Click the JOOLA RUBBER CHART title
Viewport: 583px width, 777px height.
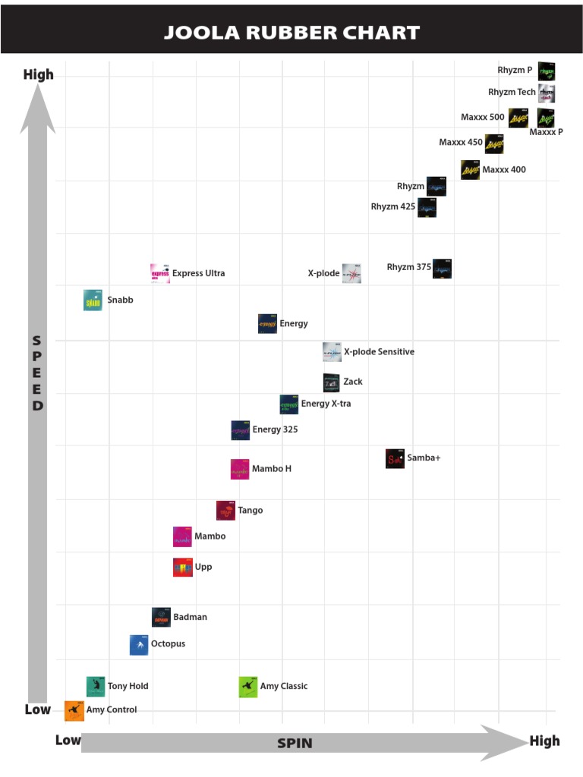291,33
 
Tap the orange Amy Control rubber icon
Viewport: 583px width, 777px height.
74,710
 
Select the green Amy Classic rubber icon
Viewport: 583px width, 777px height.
248,687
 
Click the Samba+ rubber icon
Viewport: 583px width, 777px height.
395,458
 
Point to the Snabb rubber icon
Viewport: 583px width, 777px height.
93,300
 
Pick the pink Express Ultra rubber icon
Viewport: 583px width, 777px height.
159,273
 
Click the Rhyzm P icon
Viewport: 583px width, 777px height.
547,71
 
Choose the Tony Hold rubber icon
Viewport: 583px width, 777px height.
96,686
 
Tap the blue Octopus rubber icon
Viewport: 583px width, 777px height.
139,645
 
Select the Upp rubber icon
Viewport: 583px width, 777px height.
183,567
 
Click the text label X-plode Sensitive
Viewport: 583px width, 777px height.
379,352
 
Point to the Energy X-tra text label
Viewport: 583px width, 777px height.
326,404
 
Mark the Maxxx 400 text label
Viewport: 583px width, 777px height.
503,170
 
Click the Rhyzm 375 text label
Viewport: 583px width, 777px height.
408,267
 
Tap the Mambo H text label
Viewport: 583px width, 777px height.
272,469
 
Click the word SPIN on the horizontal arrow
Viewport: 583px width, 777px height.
294,743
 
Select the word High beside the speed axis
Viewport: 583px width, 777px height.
39,74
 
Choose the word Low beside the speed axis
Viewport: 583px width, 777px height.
38,710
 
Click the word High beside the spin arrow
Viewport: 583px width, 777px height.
544,741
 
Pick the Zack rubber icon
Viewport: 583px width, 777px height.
332,382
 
